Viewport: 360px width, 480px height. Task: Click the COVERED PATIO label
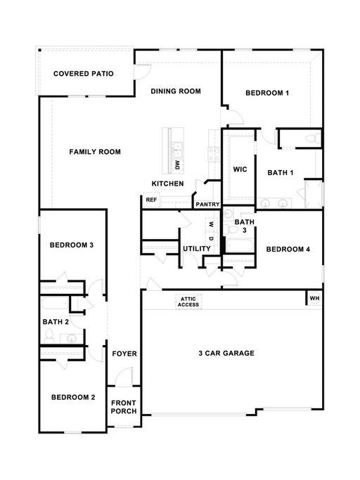tap(84, 74)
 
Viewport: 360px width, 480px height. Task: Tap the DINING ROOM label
tap(176, 91)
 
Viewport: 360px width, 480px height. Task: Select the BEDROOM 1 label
tap(267, 93)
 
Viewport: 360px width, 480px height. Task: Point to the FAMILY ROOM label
tap(95, 152)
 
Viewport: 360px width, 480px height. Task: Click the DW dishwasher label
tap(178, 165)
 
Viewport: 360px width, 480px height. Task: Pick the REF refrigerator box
tap(151, 200)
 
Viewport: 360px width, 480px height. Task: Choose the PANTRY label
tap(207, 205)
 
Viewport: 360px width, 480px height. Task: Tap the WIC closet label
tap(240, 169)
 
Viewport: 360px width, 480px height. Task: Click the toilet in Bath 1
tap(313, 138)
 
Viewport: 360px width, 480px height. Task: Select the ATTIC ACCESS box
tap(188, 301)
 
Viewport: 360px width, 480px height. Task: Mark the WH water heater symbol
tap(315, 298)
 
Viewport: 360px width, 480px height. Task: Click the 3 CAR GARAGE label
tap(226, 353)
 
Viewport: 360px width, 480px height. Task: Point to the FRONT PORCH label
tap(124, 407)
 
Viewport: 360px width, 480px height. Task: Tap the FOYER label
tap(124, 354)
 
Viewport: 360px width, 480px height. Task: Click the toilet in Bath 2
tap(49, 336)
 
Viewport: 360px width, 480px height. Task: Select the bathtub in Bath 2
tap(55, 304)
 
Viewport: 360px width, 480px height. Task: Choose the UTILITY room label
tap(197, 249)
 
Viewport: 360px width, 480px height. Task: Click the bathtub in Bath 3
tap(239, 245)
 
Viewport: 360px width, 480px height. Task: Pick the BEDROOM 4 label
tap(288, 249)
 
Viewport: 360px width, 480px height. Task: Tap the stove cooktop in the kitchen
tap(214, 154)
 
